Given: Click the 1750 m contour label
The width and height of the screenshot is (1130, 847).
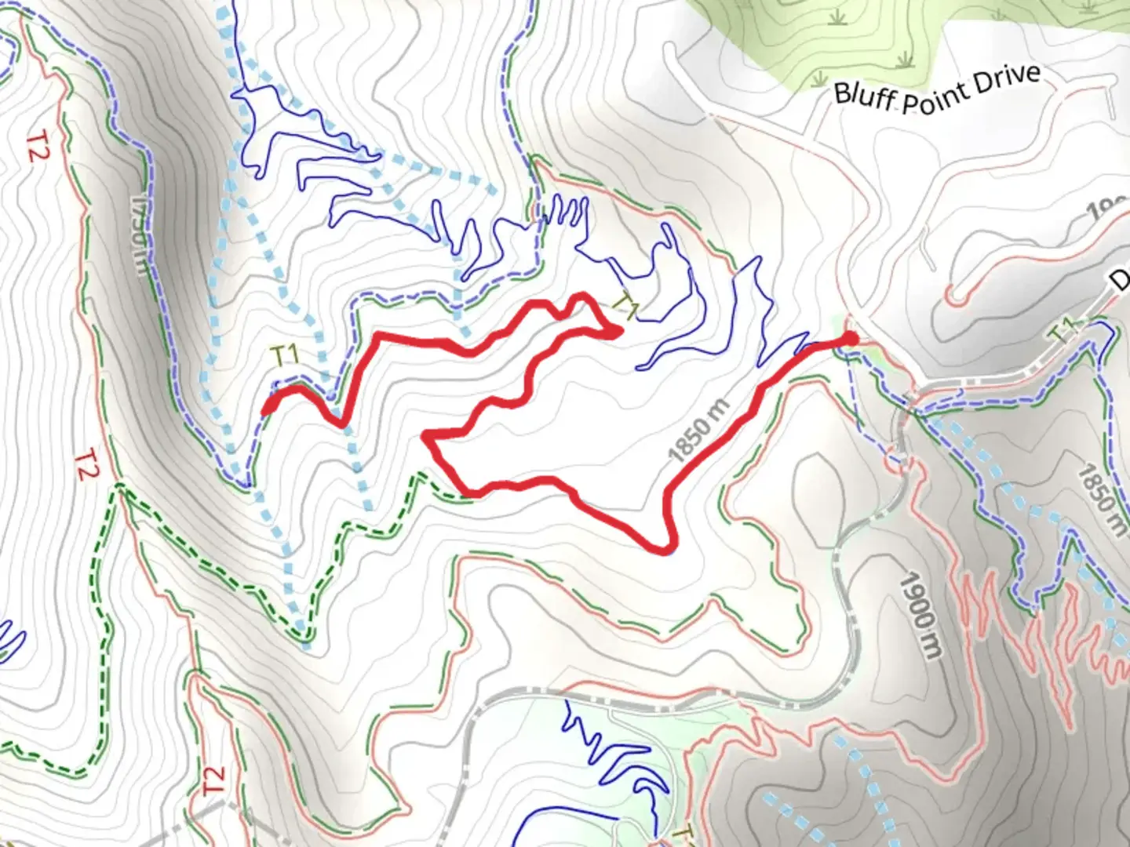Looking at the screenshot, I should tap(137, 234).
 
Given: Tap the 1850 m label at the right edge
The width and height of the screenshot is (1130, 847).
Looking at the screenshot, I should tap(1103, 500).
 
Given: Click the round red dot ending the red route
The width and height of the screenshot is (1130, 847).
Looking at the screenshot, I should tap(850, 338).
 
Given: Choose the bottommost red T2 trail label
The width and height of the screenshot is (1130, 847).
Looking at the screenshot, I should tap(213, 780).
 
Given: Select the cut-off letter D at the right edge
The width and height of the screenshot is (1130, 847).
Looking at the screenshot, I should tap(1121, 280).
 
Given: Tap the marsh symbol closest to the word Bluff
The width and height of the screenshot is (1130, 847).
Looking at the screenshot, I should tap(819, 78).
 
